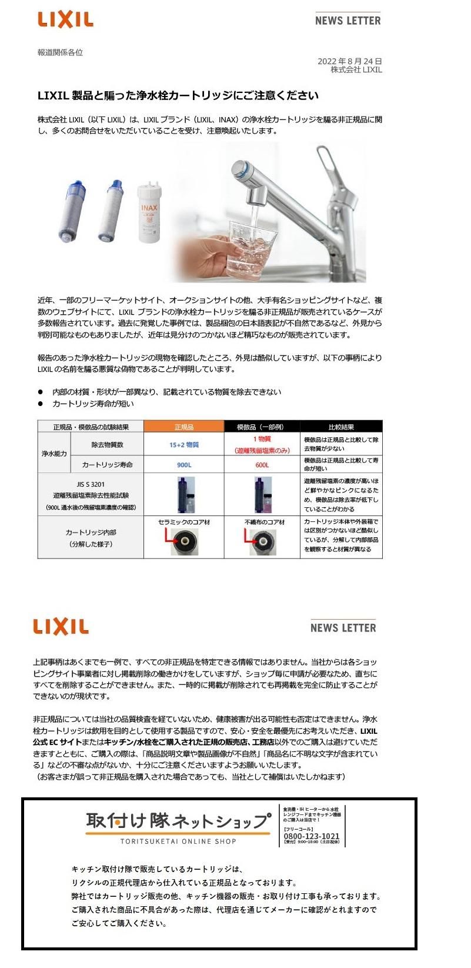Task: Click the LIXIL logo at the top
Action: pos(65,20)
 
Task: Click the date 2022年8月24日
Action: pos(349,61)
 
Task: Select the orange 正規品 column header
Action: pos(184,427)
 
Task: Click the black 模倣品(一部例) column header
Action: pos(262,427)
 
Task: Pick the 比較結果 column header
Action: pos(341,427)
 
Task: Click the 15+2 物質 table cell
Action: pos(184,445)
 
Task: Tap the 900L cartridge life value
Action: pos(184,465)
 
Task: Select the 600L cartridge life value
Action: pos(262,465)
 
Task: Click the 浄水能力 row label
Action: pos(54,454)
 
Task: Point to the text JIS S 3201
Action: pos(90,484)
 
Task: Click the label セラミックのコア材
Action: pos(184,522)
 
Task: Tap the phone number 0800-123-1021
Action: pos(311,836)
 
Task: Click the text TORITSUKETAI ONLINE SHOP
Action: pos(178,841)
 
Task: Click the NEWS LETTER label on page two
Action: pos(343,628)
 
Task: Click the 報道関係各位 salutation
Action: pos(60,52)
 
